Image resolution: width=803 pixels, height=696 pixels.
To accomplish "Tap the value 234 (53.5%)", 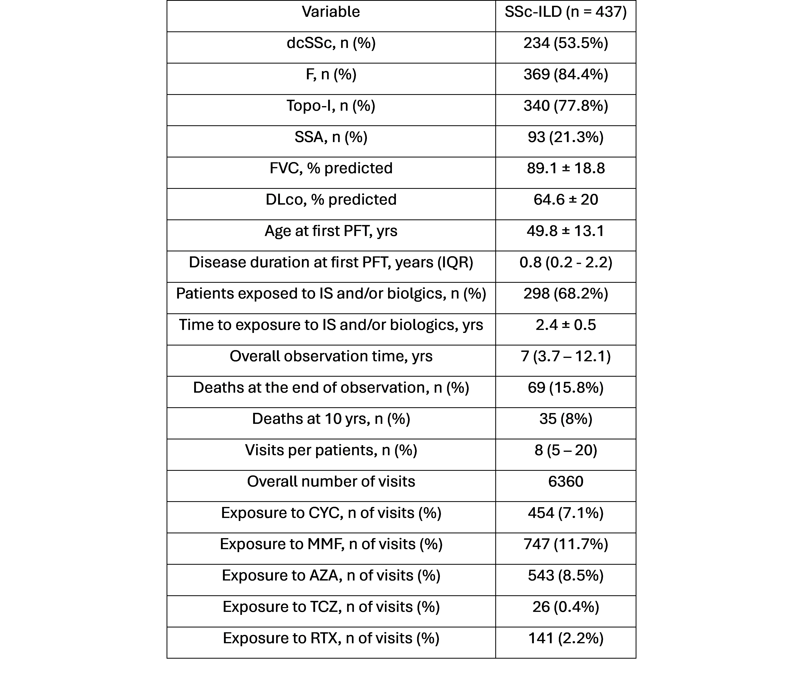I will tap(565, 43).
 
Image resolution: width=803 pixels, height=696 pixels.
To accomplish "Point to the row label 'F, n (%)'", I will tap(331, 75).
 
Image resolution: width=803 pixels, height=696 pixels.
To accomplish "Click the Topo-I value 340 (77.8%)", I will tap(565, 106).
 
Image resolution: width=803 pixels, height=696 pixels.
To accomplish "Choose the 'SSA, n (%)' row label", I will tap(331, 137).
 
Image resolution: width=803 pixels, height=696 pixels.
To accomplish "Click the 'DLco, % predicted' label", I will tap(331, 200).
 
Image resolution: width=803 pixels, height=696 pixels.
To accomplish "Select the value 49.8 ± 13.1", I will tap(565, 231).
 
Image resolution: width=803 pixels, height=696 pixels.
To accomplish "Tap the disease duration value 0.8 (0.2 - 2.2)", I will tap(565, 263).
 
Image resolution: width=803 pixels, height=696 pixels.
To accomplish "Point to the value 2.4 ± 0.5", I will tap(565, 325).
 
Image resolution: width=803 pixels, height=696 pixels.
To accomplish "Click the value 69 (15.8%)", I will tap(565, 388).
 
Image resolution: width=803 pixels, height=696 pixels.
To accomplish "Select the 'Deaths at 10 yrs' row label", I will tap(331, 419).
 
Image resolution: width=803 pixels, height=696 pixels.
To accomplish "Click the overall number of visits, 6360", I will tap(565, 482).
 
